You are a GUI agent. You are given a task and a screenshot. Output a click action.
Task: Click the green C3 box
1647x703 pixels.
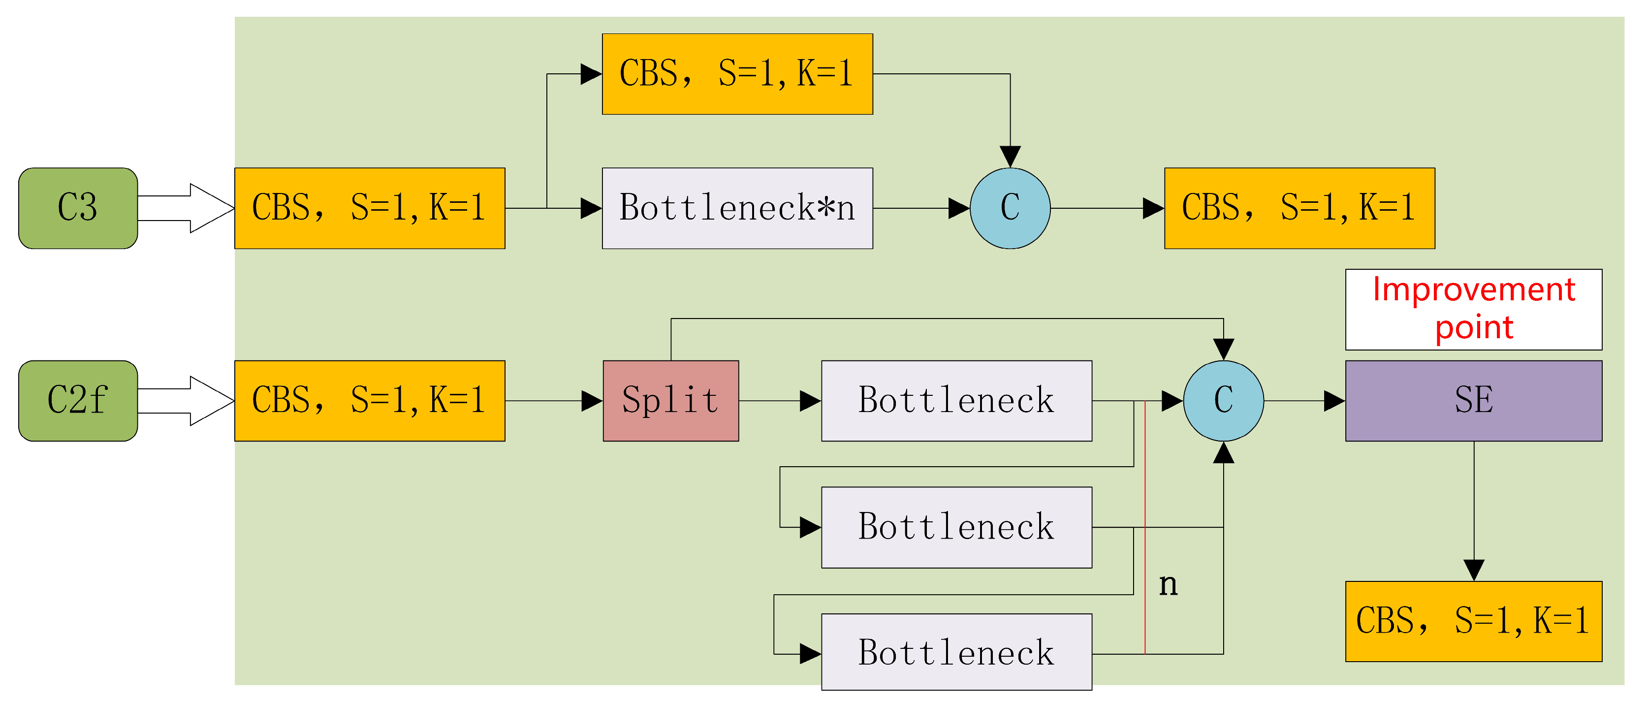point(78,208)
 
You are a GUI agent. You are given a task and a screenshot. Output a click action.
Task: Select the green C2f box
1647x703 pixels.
point(78,400)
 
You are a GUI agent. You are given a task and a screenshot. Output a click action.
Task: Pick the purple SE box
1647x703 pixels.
point(1473,400)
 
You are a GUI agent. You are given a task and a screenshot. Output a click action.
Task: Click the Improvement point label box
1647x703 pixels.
point(1473,309)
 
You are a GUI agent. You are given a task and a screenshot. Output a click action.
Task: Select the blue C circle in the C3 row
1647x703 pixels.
point(1010,208)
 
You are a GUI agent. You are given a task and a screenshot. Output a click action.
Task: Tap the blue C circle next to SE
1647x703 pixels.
point(1223,400)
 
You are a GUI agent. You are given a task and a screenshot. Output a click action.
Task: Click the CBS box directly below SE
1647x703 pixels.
point(1473,620)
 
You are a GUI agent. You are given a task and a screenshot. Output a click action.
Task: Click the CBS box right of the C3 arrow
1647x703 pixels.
point(370,208)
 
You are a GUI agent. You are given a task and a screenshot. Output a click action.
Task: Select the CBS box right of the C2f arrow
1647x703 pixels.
point(370,400)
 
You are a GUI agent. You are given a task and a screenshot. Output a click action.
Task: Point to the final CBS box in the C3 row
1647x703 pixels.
point(1299,208)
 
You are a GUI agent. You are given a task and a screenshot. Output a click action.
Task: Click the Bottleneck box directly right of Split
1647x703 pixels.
point(956,400)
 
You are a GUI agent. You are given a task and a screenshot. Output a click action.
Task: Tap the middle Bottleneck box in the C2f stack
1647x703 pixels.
point(956,527)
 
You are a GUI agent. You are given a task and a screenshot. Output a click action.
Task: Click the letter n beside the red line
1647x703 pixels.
point(1168,583)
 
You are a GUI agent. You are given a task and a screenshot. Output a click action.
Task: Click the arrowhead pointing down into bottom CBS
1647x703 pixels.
point(1473,569)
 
